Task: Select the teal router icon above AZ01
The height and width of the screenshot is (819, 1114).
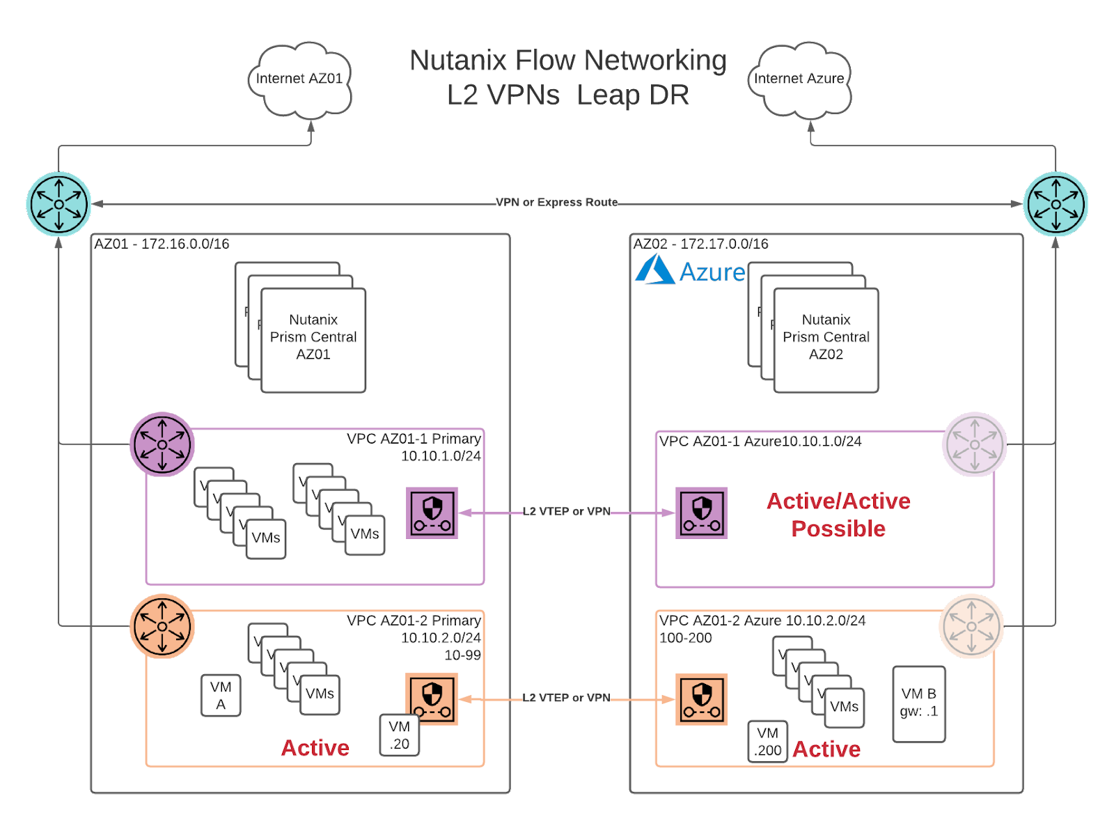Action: [x=59, y=204]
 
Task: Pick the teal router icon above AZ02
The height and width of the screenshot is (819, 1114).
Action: [x=1056, y=204]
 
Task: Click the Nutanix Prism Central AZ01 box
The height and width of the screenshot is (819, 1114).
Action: [x=313, y=340]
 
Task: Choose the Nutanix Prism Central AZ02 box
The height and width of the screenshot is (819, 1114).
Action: [x=826, y=340]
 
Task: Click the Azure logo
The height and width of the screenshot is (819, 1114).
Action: [x=689, y=270]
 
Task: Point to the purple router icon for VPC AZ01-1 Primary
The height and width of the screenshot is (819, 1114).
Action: [x=162, y=444]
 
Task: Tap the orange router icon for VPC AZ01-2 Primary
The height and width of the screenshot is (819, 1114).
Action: [x=162, y=626]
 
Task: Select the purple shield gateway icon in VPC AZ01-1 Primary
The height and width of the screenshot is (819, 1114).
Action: [x=432, y=513]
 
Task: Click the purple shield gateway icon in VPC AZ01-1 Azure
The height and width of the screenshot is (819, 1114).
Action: [x=701, y=513]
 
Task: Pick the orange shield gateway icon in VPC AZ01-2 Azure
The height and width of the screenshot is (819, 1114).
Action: [x=701, y=699]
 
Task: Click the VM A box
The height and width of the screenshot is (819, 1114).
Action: [x=221, y=695]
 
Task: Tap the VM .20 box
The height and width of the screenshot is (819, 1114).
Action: [x=400, y=735]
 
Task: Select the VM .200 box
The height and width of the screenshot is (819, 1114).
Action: [x=767, y=742]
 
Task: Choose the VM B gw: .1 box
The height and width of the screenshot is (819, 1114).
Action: [x=918, y=703]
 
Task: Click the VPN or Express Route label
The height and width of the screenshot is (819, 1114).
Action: [x=557, y=203]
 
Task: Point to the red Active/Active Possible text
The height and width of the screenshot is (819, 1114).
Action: [x=838, y=515]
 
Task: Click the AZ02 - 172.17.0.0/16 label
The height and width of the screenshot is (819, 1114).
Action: [x=700, y=244]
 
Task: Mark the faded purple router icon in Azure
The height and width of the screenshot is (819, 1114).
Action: [x=974, y=444]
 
